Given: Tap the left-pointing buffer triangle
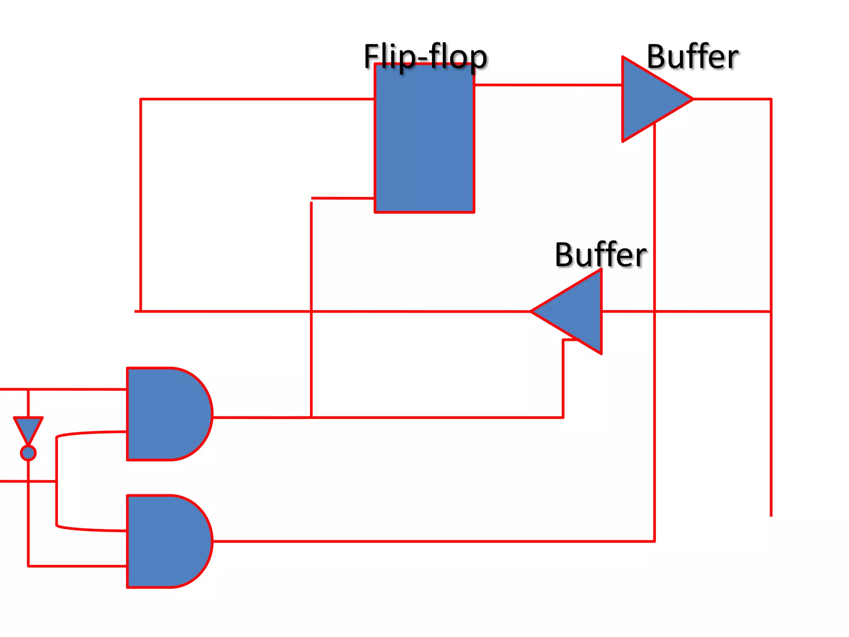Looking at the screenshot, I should click(576, 311).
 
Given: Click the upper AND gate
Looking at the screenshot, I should click(166, 414).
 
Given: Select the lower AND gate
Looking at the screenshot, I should click(166, 541).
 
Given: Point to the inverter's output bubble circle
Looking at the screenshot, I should click(28, 453).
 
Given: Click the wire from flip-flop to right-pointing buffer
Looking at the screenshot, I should click(547, 85).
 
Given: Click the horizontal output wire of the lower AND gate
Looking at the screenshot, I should click(431, 541).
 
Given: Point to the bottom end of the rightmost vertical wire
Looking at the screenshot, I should click(771, 515).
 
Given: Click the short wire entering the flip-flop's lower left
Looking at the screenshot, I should click(342, 198).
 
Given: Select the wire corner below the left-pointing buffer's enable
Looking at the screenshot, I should click(563, 417).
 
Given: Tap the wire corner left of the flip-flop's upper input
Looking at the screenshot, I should click(141, 99).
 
